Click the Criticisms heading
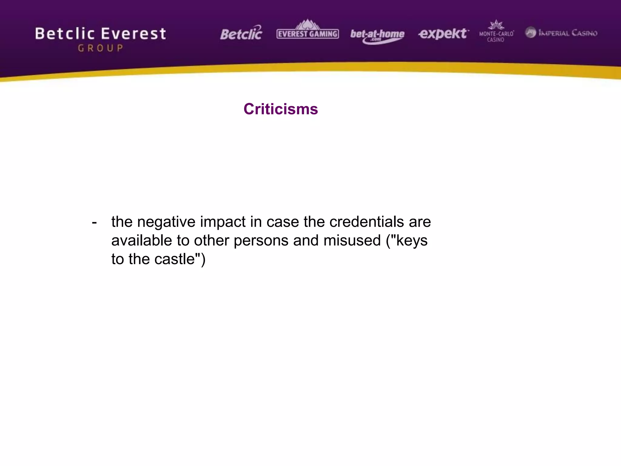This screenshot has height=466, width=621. (x=280, y=109)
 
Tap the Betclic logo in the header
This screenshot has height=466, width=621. (x=241, y=33)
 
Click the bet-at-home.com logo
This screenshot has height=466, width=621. (x=377, y=35)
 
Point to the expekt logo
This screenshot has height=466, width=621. (x=443, y=34)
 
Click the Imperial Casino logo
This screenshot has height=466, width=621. (x=561, y=33)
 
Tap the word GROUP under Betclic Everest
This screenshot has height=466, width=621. (x=101, y=48)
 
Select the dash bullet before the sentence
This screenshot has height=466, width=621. (x=94, y=222)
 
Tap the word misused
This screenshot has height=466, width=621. (x=352, y=241)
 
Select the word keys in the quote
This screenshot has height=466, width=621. (x=411, y=241)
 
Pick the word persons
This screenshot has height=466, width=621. (x=261, y=241)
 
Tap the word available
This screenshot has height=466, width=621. (x=142, y=241)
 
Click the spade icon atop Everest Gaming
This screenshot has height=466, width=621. (x=307, y=24)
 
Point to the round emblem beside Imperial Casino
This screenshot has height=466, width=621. (x=531, y=32)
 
